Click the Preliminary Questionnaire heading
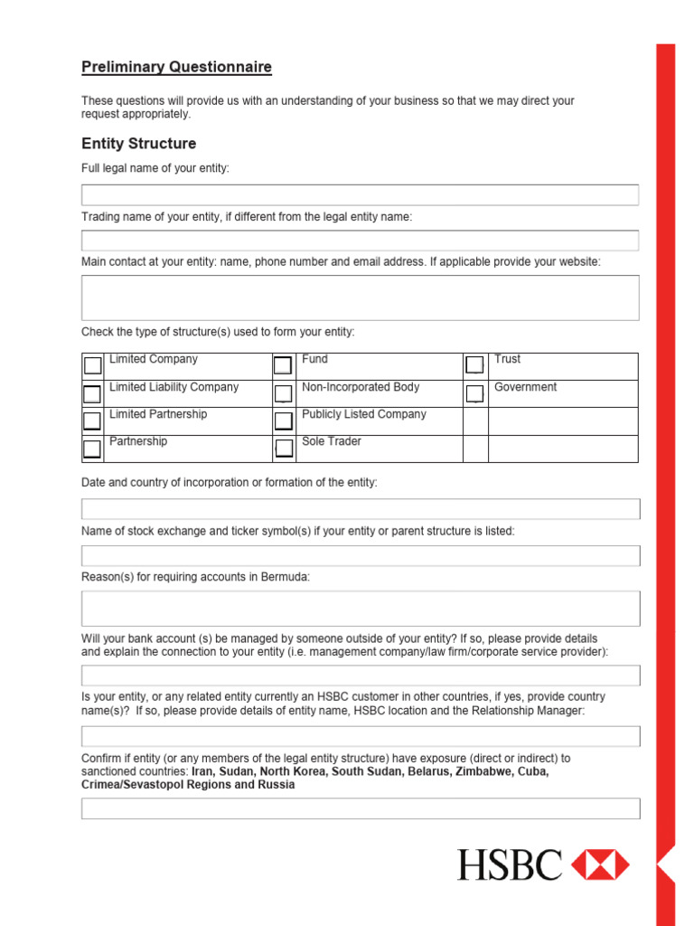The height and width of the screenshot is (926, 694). click(x=176, y=67)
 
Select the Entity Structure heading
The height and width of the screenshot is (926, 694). click(x=138, y=144)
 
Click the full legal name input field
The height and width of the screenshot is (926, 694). click(x=360, y=195)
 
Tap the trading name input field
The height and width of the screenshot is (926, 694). click(x=360, y=241)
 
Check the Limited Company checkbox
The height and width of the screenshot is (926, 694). click(x=93, y=365)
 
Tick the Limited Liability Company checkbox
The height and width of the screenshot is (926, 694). click(x=93, y=393)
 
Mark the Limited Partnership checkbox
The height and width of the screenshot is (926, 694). click(x=93, y=420)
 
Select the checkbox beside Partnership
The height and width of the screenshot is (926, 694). click(x=93, y=449)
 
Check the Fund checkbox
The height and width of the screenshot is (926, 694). click(x=283, y=365)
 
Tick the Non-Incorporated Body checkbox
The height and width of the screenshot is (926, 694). click(x=283, y=393)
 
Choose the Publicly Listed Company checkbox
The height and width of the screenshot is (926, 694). click(x=283, y=420)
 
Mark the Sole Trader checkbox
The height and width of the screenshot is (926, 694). click(x=283, y=449)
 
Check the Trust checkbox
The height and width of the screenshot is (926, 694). click(x=474, y=365)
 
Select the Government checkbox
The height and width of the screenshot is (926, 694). click(x=474, y=393)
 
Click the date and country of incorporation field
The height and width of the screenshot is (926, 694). click(x=360, y=508)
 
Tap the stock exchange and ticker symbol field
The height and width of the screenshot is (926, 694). click(x=360, y=555)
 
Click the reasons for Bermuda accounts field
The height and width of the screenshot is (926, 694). click(x=360, y=609)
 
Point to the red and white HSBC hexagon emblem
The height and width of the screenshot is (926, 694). click(x=601, y=865)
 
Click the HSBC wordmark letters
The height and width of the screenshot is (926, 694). click(x=510, y=865)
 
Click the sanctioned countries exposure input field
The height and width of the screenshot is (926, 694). click(x=360, y=808)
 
